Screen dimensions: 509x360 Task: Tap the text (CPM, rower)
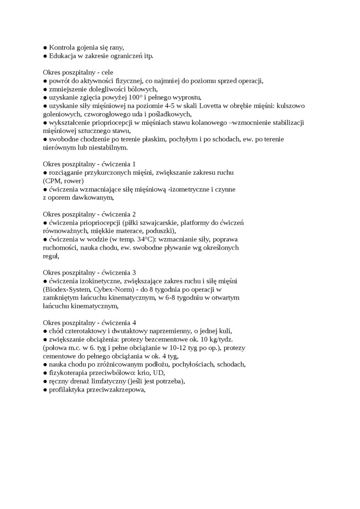point(63,181)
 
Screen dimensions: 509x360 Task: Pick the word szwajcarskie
point(165,223)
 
